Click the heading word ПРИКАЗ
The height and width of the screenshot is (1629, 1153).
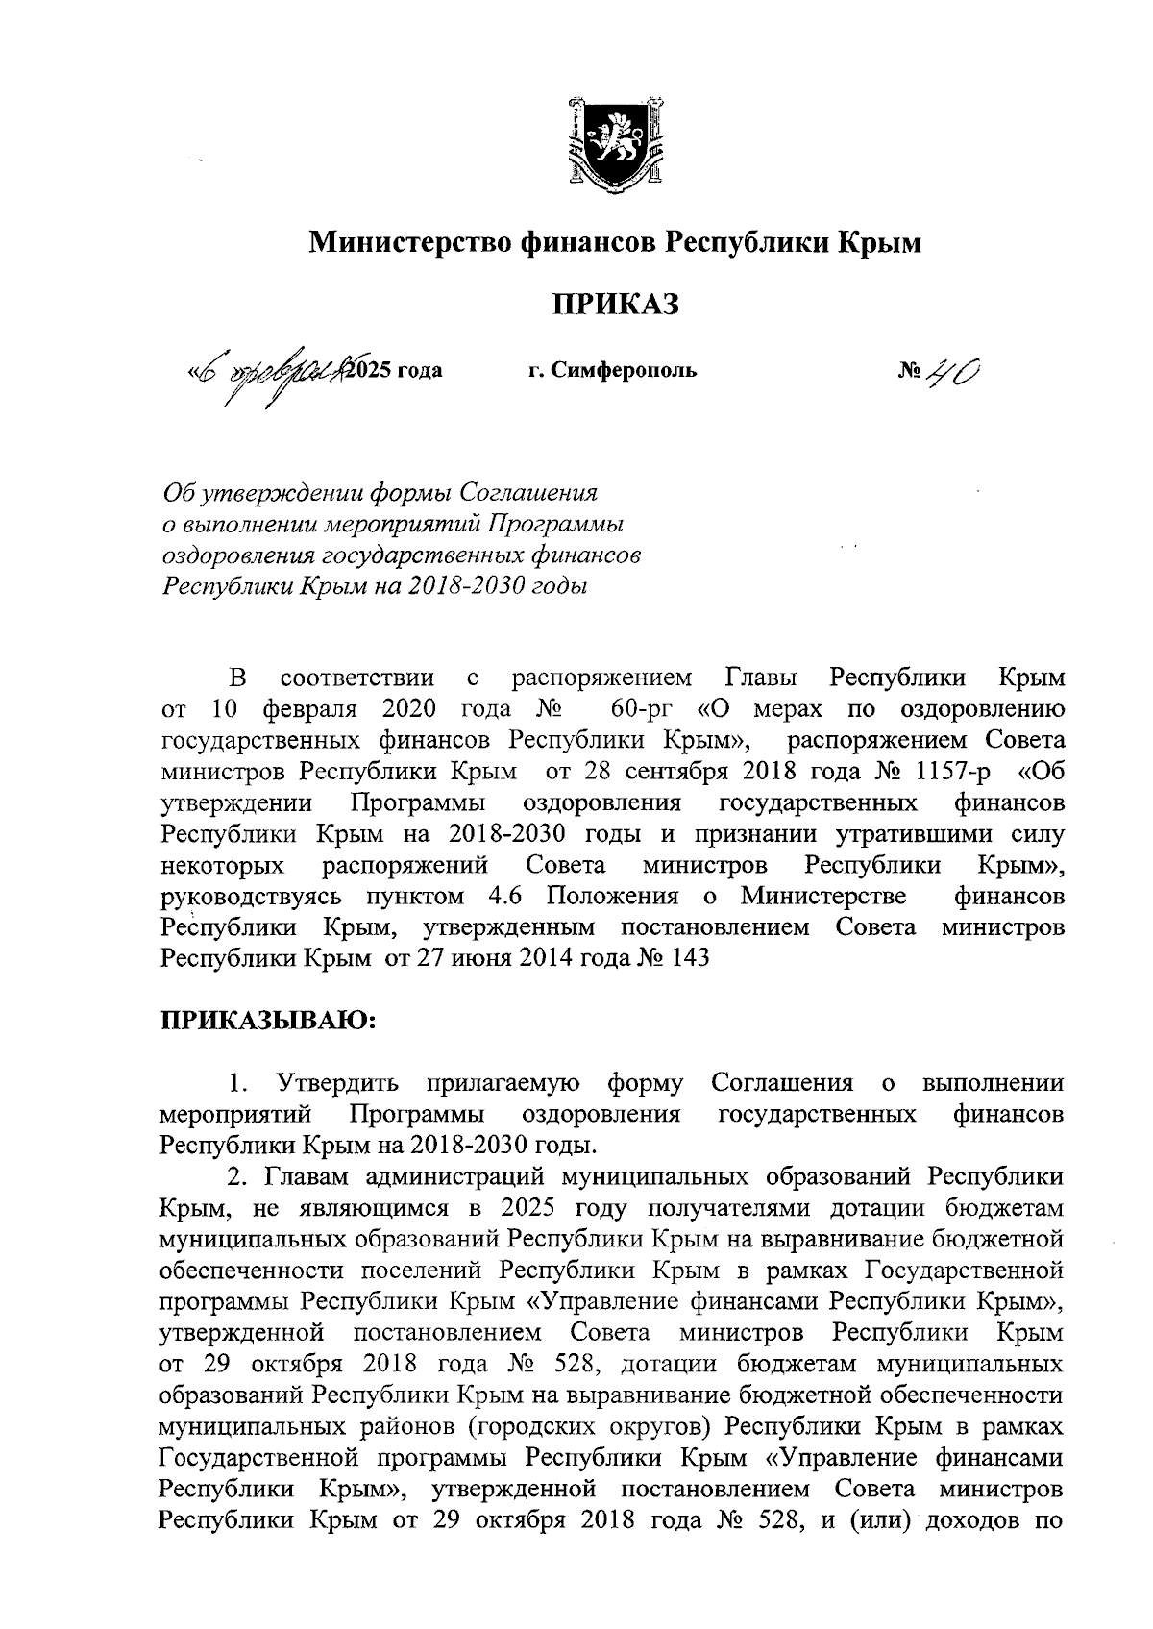[614, 305]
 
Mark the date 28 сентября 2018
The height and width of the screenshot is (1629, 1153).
[686, 772]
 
